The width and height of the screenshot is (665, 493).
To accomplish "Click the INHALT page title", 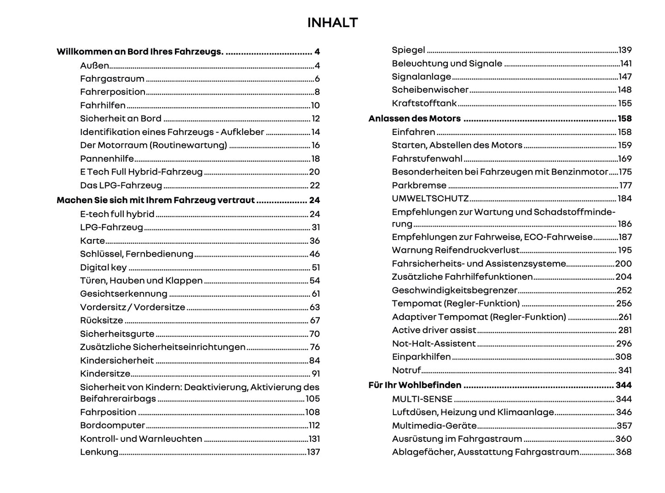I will [x=332, y=23].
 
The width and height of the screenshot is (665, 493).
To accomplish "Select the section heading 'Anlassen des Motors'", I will [x=414, y=119].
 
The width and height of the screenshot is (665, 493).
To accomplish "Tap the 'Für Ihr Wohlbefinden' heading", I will [x=415, y=385].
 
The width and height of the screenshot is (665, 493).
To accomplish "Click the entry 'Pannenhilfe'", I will [x=107, y=159].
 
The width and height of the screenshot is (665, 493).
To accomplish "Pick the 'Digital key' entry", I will [x=103, y=268].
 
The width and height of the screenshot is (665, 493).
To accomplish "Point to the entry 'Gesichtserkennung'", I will [x=123, y=294].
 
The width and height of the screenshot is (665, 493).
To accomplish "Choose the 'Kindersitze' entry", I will [x=105, y=374].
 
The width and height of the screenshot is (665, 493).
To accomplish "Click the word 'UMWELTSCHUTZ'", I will [x=430, y=199].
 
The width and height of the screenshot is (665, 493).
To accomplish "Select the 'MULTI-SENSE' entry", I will [x=422, y=399].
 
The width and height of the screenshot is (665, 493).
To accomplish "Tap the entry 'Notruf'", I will [x=406, y=370].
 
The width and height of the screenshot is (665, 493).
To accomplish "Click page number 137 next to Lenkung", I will [x=313, y=452].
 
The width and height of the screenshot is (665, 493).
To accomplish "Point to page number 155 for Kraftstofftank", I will [x=625, y=103].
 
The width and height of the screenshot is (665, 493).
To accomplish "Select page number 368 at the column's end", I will [x=624, y=452].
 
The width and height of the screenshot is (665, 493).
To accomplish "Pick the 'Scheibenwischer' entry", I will [x=430, y=90].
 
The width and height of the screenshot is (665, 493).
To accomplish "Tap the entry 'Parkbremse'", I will [x=419, y=186].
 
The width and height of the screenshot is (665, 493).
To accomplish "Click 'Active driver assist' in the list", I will [x=434, y=330].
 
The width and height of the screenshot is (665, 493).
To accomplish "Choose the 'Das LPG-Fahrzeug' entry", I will [x=121, y=186].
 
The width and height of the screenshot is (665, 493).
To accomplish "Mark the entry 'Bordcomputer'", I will [x=112, y=426].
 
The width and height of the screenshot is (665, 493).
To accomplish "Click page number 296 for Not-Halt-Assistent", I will [x=624, y=344].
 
